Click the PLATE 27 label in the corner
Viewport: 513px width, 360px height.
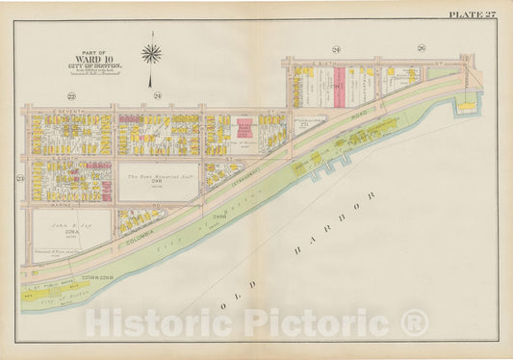coord(473,13)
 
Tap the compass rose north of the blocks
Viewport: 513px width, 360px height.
coord(151,53)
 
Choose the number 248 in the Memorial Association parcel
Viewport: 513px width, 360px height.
coord(158,186)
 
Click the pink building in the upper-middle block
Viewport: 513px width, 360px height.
coord(244,128)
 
